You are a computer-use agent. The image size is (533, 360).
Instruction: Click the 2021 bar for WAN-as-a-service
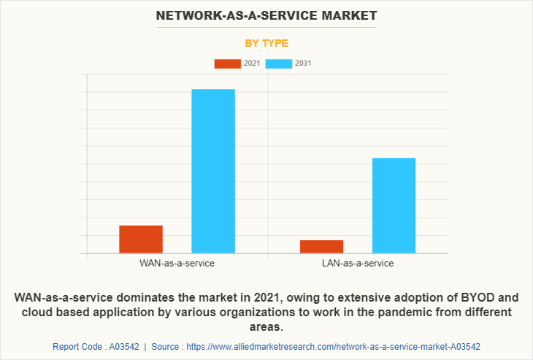pyautogui.click(x=141, y=239)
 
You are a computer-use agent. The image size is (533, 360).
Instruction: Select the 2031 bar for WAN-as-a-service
pyautogui.click(x=213, y=171)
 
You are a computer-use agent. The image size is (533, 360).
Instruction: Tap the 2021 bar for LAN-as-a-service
pyautogui.click(x=321, y=246)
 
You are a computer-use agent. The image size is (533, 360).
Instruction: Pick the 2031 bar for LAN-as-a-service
pyautogui.click(x=394, y=205)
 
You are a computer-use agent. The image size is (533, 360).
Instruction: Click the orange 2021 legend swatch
pyautogui.click(x=227, y=64)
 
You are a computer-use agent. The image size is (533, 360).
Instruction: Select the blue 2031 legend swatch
pyautogui.click(x=279, y=64)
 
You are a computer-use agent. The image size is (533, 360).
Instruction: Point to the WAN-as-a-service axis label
pyautogui.click(x=177, y=263)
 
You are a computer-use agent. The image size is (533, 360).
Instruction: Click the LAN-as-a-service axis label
pyautogui.click(x=358, y=263)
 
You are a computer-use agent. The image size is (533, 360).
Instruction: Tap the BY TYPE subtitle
pyautogui.click(x=266, y=43)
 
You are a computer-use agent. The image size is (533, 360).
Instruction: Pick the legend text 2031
pyautogui.click(x=303, y=64)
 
